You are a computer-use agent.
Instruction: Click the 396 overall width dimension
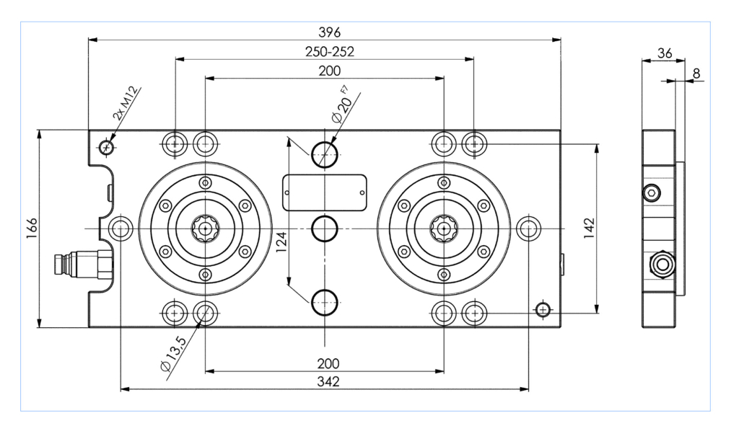(329, 32)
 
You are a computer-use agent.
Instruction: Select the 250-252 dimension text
(329, 51)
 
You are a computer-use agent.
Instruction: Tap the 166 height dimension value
(32, 228)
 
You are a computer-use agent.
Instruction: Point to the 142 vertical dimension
(589, 228)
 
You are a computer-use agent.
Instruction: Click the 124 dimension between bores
(281, 242)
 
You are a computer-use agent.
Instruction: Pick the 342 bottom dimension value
(328, 381)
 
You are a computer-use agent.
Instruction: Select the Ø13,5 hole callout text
(173, 354)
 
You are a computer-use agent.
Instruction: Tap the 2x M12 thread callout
(126, 102)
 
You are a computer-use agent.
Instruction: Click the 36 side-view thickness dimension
(665, 53)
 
